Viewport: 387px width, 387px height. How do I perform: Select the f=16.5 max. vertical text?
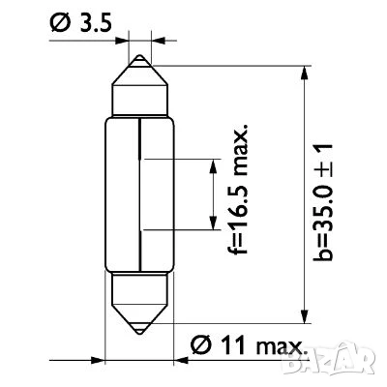[x=239, y=189]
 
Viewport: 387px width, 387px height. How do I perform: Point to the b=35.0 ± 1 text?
[x=322, y=201]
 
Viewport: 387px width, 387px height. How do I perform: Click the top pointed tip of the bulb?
[x=139, y=55]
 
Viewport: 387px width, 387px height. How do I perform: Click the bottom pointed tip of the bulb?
[x=139, y=334]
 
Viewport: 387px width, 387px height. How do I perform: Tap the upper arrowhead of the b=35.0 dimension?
[x=304, y=73]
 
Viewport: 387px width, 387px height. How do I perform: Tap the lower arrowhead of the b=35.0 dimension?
[x=304, y=316]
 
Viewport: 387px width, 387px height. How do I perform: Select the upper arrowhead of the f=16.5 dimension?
[x=213, y=165]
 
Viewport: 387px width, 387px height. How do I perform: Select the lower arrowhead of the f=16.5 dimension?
[x=213, y=223]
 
